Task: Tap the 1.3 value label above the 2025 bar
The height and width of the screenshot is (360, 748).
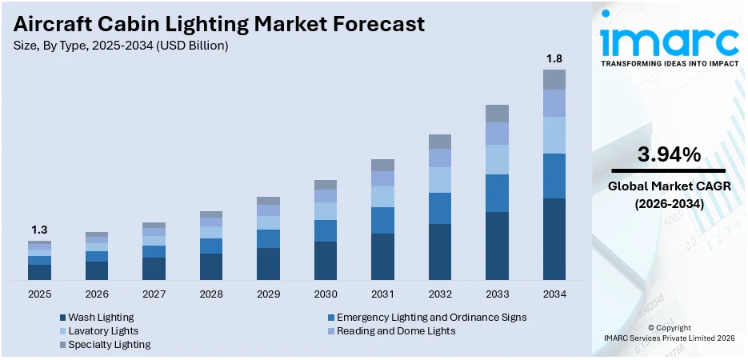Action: point(39,230)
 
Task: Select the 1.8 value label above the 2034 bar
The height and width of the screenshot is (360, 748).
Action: point(554,58)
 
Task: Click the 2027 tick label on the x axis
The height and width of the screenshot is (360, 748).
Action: point(154,294)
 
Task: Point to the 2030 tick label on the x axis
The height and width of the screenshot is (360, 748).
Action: point(325,294)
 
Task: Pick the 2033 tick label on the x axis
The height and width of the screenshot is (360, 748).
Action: point(497,294)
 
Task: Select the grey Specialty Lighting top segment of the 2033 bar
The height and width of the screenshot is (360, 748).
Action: point(497,113)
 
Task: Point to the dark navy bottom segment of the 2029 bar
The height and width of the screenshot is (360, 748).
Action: point(268,263)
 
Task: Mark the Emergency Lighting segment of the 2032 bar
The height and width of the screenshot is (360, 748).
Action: point(439,208)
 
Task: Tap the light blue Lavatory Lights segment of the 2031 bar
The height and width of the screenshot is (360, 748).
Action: point(382,197)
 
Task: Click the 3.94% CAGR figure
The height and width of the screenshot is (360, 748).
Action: point(669,154)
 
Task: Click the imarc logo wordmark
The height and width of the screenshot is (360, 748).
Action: point(669,40)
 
